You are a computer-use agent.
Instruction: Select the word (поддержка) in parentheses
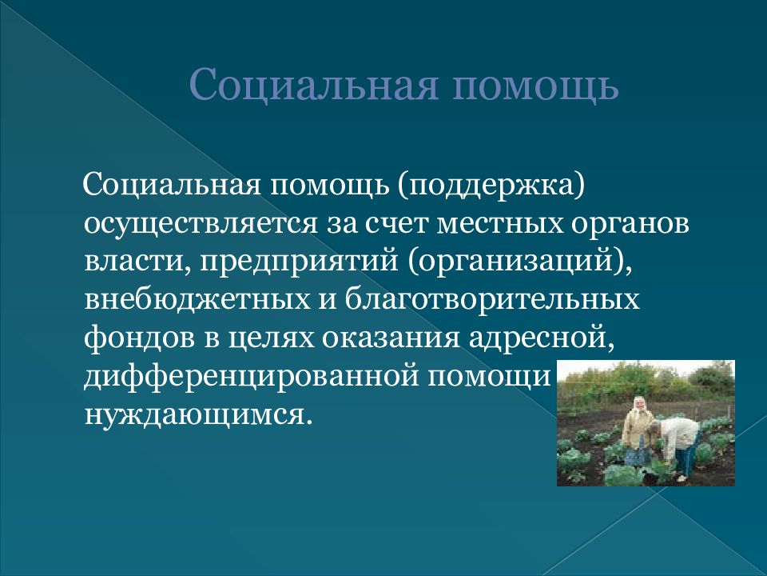pos(491,187)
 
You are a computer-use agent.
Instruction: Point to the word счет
pos(396,225)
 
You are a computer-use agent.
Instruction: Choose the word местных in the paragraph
pos(498,225)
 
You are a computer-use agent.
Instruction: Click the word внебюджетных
pos(197,300)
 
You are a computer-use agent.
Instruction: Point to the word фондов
pos(139,338)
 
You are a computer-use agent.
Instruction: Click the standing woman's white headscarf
pos(639,405)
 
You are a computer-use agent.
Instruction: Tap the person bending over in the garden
pos(673,444)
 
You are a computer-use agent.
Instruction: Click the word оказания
pos(391,338)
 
